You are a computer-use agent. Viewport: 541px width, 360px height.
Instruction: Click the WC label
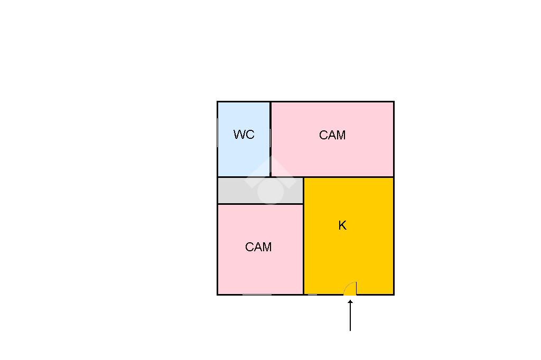tap(244, 135)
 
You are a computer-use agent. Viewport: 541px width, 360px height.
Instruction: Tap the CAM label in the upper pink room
tap(332, 135)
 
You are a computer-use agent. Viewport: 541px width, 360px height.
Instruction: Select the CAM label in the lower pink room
tap(258, 247)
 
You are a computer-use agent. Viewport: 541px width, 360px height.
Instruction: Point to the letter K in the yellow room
tap(342, 225)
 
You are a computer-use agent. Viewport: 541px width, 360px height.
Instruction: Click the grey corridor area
tap(232, 191)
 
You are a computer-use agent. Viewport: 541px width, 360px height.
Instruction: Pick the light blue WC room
tap(244, 158)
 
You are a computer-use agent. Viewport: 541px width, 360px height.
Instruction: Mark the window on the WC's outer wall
tap(218, 133)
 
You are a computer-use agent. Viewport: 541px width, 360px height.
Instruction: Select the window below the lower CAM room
tap(257, 295)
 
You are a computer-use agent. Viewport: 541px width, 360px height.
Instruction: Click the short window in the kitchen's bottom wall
tap(312, 295)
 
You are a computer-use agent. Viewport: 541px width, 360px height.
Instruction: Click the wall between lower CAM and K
tap(304, 248)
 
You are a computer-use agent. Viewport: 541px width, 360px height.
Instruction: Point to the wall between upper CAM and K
tap(349, 177)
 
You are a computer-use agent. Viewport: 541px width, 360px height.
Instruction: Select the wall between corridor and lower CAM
tap(260, 204)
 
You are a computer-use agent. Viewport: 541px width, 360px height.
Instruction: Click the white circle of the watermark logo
tap(270, 191)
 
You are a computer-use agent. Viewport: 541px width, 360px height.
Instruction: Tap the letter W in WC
tap(239, 135)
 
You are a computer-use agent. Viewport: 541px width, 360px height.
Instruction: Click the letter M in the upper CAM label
tap(341, 135)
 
